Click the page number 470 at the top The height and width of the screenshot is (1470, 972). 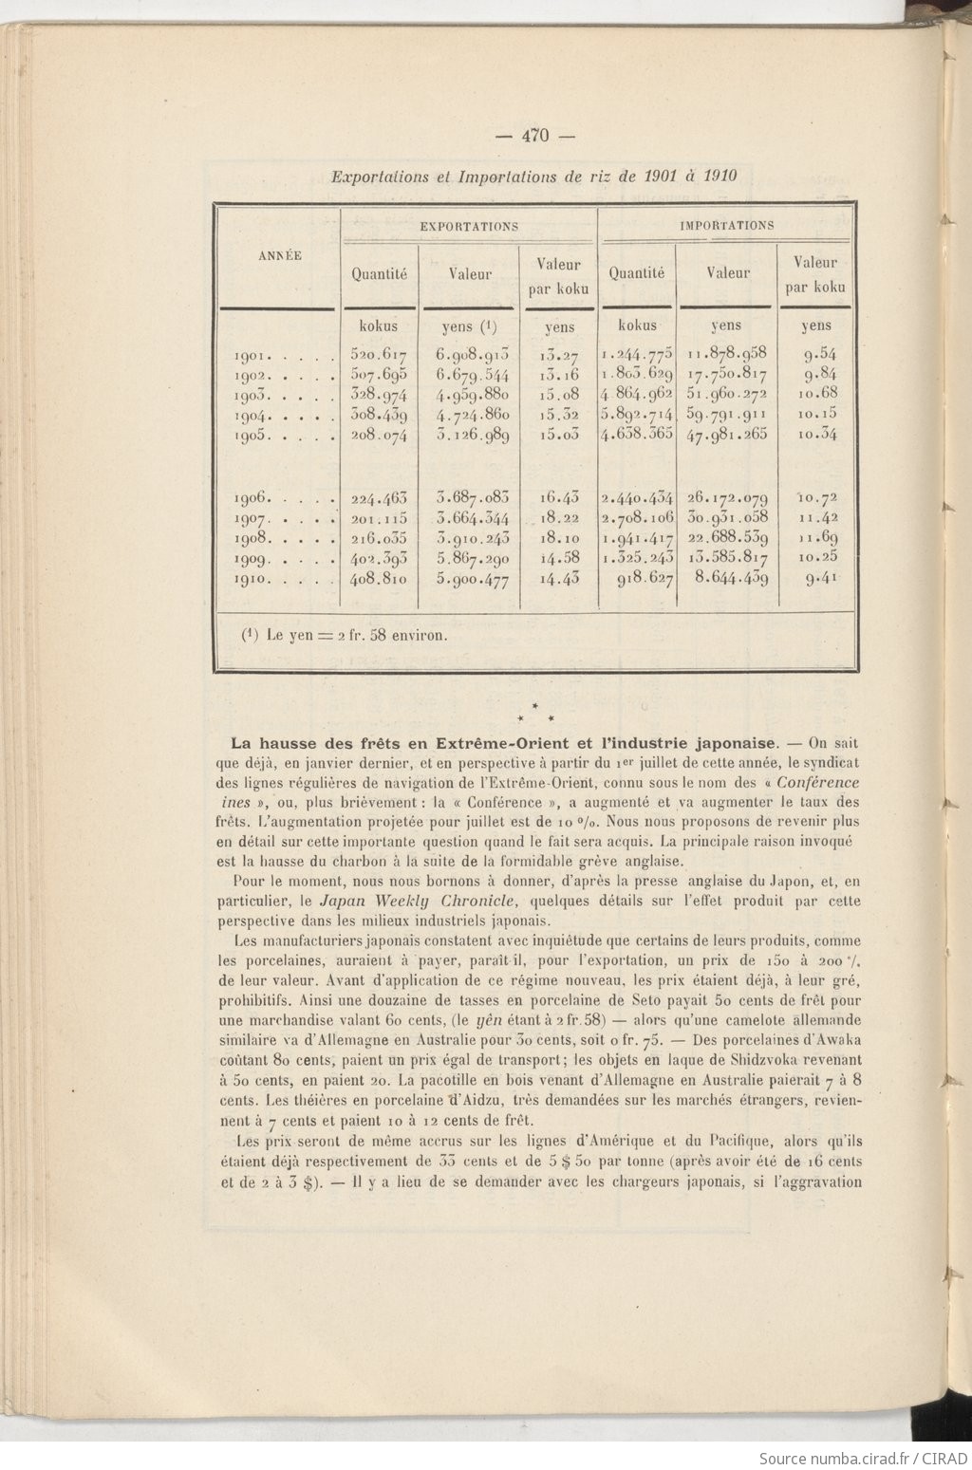[x=535, y=136]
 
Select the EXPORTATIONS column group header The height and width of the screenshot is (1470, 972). [x=469, y=226]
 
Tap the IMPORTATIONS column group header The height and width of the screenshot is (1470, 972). [x=726, y=225]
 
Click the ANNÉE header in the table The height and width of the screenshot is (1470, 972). [x=279, y=255]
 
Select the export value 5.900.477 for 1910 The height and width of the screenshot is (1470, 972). [x=473, y=577]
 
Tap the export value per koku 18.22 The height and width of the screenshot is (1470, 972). [x=559, y=517]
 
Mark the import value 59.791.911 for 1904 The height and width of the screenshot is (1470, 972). [x=727, y=414]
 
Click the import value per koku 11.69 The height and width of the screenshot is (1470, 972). [x=816, y=537]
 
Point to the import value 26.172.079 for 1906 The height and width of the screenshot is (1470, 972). [x=727, y=497]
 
